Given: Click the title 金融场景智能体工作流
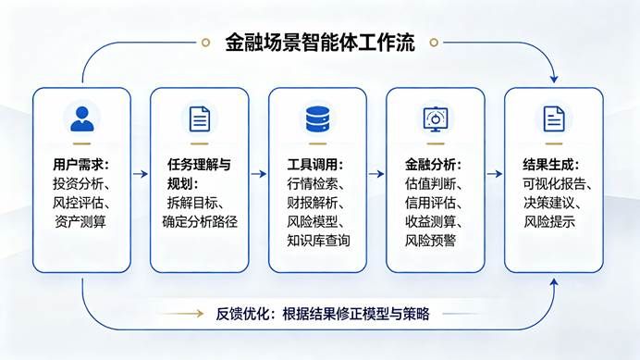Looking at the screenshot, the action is [x=320, y=43].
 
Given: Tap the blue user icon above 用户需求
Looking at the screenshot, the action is [x=82, y=118].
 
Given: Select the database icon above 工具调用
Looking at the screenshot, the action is [x=317, y=118].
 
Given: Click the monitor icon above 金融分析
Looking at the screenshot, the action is [x=435, y=118].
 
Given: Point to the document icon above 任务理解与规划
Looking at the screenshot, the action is [x=200, y=118].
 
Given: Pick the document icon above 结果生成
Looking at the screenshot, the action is [x=554, y=118].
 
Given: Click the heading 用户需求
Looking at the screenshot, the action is [x=78, y=165].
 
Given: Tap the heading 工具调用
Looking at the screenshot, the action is [x=313, y=165].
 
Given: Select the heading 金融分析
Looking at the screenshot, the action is [x=430, y=165].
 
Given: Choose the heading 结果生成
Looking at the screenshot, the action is [x=548, y=165].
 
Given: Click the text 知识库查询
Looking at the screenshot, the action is [x=318, y=241].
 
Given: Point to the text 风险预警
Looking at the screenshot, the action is [x=430, y=241].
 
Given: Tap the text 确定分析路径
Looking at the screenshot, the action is [x=200, y=221].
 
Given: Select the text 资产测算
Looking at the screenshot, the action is [x=80, y=221].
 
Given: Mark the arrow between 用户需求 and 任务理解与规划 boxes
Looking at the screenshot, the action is [x=141, y=174].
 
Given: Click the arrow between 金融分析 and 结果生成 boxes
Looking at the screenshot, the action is [x=494, y=174].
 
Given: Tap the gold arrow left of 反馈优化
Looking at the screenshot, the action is [x=181, y=314].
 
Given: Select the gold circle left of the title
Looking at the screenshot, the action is [x=205, y=43].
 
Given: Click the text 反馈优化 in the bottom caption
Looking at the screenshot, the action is [x=242, y=314].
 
